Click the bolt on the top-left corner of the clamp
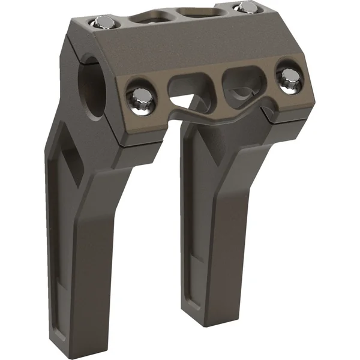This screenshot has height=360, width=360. pyautogui.click(x=104, y=23)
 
